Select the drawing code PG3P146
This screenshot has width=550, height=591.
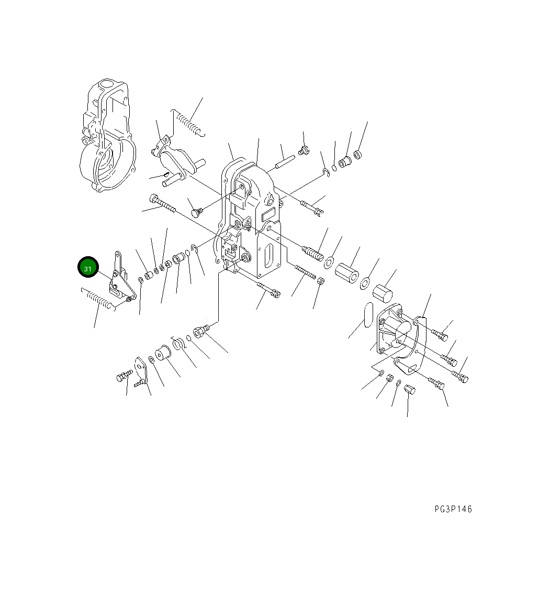453,509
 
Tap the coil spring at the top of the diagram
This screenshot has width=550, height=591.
186,124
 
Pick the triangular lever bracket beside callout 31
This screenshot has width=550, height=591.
120,280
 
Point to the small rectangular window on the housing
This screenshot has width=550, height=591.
268,213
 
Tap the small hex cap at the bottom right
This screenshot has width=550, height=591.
409,390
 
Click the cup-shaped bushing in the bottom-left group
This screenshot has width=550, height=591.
161,354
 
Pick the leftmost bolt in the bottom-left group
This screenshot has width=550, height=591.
124,376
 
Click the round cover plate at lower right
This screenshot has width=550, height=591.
400,333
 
